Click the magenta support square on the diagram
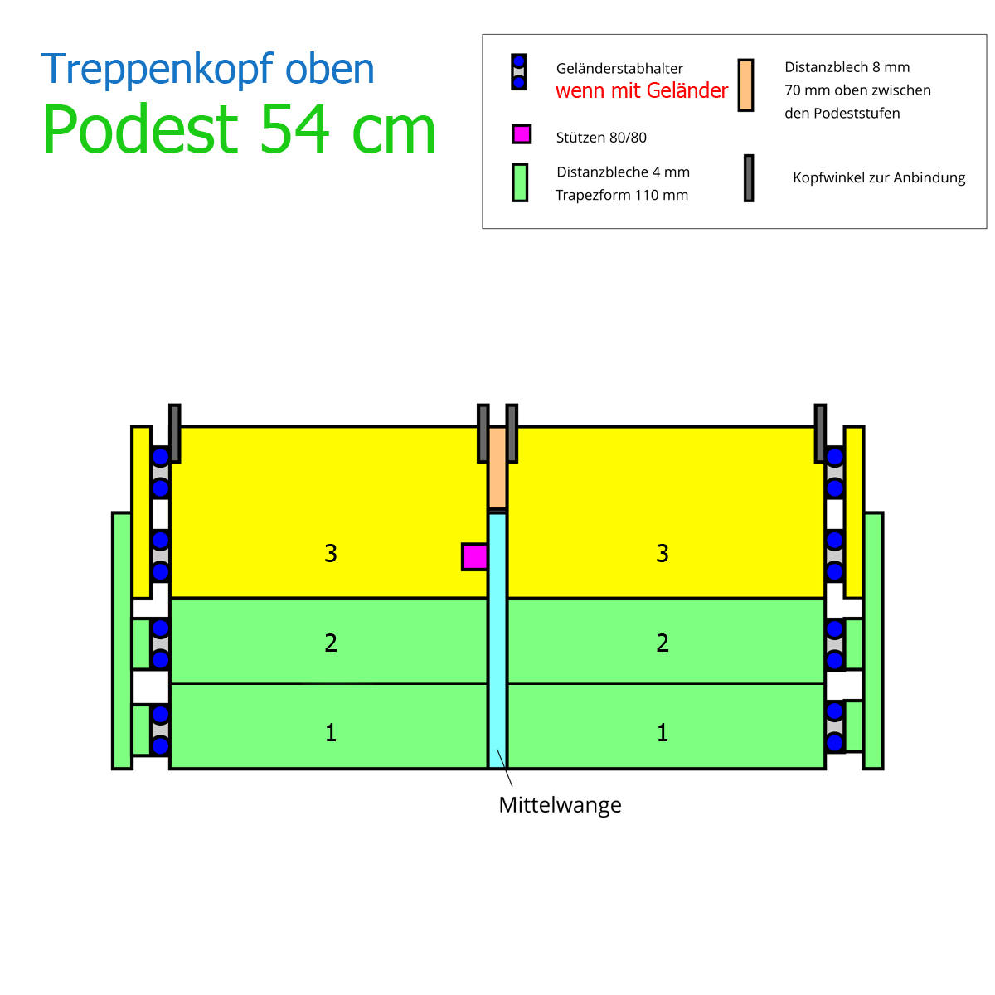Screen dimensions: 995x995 click(474, 556)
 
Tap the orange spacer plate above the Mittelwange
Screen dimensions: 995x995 click(498, 468)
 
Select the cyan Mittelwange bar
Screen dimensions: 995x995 click(498, 641)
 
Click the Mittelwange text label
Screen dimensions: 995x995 click(560, 805)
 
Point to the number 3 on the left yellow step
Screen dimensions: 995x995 click(331, 553)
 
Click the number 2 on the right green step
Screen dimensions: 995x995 click(662, 643)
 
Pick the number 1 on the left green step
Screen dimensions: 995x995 click(331, 733)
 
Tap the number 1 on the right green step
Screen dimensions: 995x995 click(663, 733)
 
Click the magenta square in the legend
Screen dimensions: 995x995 click(522, 134)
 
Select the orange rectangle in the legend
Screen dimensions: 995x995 click(745, 85)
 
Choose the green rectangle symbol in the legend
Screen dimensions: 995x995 click(520, 182)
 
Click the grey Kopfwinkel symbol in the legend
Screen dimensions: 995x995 click(749, 178)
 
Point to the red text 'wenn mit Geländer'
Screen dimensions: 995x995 click(641, 91)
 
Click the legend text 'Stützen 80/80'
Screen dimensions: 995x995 click(601, 138)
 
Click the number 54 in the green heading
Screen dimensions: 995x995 click(294, 129)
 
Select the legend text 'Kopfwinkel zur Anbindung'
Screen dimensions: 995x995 click(879, 177)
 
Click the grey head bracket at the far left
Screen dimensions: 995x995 click(174, 433)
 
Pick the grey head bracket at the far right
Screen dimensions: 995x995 click(820, 433)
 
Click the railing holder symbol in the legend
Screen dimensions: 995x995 click(518, 72)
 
